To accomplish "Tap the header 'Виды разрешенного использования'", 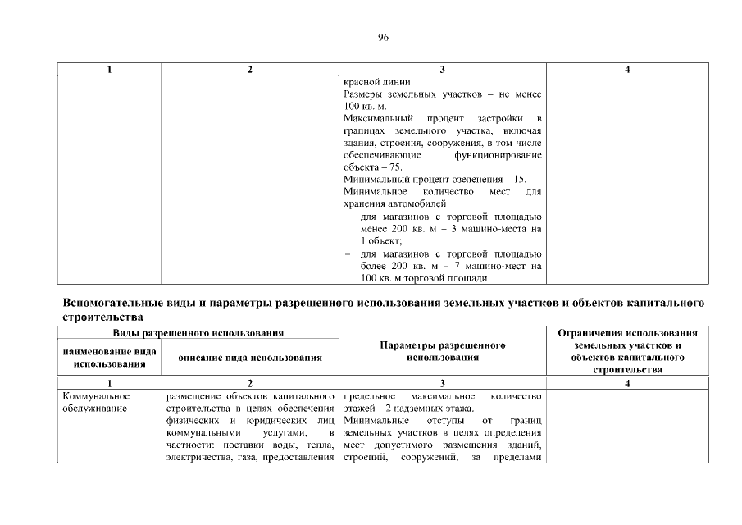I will [198, 333].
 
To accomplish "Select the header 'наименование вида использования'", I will [110, 357].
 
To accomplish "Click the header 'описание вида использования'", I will [250, 357].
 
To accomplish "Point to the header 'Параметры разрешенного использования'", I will [443, 351].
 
